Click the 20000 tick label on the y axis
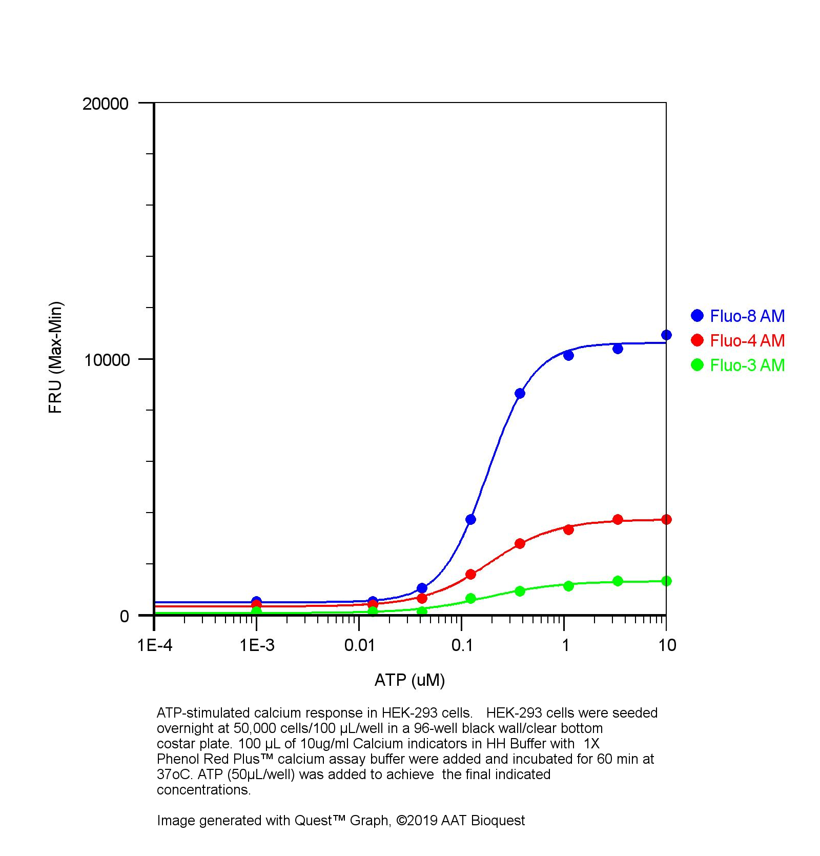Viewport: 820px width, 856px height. point(105,104)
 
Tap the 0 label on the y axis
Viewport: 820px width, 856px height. point(124,616)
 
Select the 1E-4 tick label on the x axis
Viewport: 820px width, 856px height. point(154,645)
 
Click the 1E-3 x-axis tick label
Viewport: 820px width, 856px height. point(257,645)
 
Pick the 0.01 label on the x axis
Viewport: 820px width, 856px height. point(360,645)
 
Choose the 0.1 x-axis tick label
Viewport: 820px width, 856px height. point(463,645)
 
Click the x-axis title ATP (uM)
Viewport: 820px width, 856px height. point(409,680)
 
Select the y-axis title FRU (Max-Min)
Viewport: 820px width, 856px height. point(55,357)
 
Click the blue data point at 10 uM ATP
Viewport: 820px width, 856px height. point(666,335)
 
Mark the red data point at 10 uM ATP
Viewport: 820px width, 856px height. point(666,519)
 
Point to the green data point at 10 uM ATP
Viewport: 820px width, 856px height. point(666,581)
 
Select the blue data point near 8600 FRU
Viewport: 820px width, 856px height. point(520,393)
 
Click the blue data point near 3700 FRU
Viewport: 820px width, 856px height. point(470,519)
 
